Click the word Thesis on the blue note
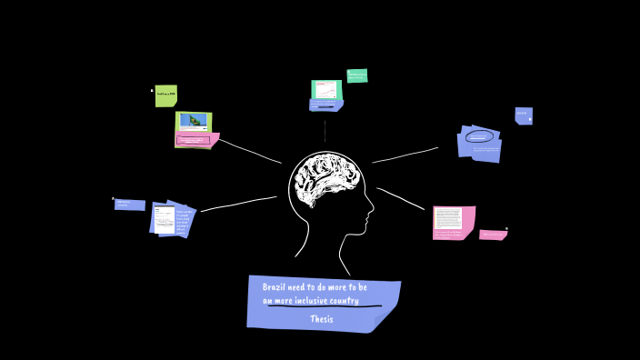321,319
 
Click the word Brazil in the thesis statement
275,287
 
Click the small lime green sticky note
165,95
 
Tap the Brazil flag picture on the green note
193,121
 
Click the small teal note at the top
356,75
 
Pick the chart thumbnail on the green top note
325,89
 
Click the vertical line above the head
325,129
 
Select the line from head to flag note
249,151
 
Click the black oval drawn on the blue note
479,136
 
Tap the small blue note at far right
523,115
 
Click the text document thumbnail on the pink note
447,218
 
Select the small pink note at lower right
493,235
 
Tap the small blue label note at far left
129,205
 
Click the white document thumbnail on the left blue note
165,220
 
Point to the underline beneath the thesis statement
324,307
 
